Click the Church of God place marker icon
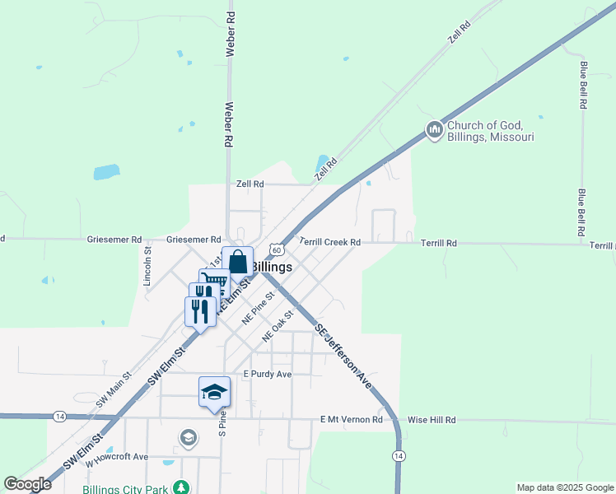pos(434,130)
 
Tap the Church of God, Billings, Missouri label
pos(491,132)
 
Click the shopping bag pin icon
pos(237,263)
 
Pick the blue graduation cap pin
pos(214,393)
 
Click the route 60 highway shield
pos(277,250)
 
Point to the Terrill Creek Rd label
pos(330,243)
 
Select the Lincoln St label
pos(147,266)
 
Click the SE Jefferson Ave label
pos(343,355)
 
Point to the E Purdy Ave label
pos(267,374)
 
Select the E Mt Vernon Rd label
pos(352,420)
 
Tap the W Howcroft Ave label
pos(115,456)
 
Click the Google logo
pos(28,484)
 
